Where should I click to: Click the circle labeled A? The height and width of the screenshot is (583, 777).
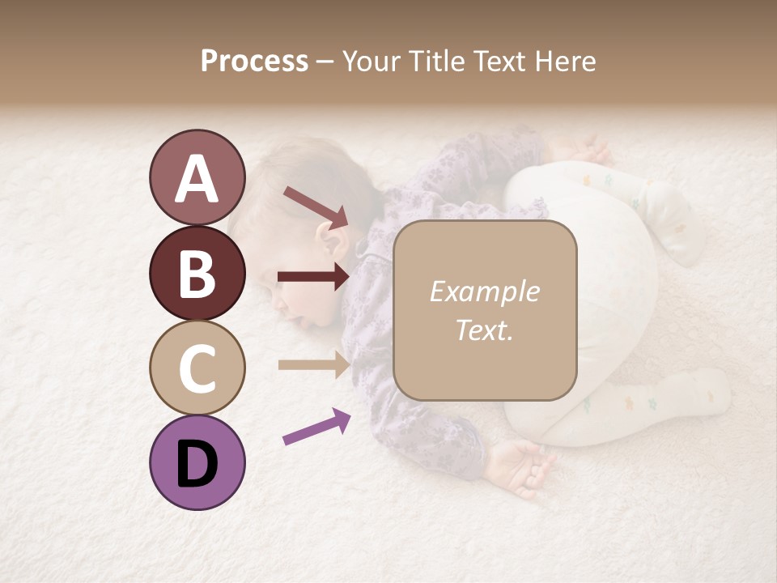(197, 177)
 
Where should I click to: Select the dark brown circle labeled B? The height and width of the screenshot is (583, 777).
(197, 273)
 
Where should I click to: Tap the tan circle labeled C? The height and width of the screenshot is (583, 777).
(197, 368)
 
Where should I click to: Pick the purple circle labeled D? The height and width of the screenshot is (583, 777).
(197, 462)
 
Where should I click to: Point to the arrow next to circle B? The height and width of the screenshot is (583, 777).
(313, 277)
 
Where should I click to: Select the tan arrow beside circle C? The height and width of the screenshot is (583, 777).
(313, 364)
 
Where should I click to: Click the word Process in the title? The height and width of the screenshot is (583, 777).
(254, 61)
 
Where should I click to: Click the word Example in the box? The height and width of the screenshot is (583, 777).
(484, 291)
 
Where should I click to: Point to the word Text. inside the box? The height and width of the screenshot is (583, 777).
(484, 330)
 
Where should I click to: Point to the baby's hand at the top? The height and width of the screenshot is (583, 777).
(587, 150)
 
